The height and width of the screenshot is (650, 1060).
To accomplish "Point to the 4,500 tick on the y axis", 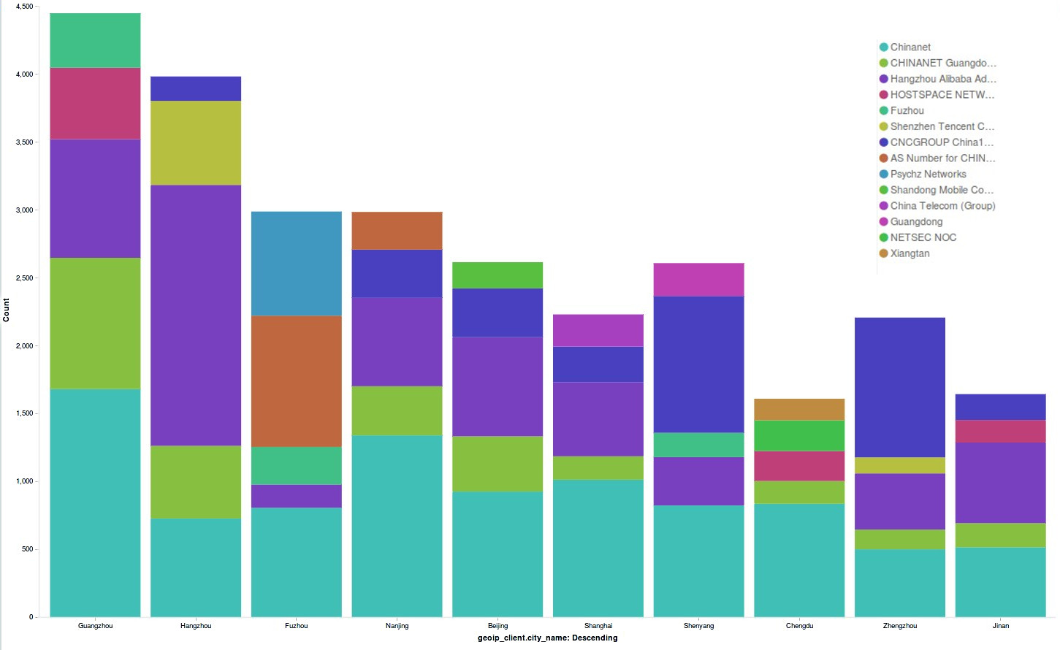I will point(24,7).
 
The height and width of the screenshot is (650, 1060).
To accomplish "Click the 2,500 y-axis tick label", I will point(24,278).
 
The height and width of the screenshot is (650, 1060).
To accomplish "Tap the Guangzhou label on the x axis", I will point(95,626).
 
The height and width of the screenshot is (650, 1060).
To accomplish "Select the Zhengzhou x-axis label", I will point(899,626).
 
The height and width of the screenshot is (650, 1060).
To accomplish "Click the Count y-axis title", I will point(7,310).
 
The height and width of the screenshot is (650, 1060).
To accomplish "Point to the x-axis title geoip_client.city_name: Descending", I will point(547,638).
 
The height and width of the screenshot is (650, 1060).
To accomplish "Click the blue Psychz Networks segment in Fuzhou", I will point(296,264).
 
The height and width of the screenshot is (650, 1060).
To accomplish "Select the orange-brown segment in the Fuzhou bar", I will point(296,381).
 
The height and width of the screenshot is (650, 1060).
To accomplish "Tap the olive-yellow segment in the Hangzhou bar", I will point(196,143).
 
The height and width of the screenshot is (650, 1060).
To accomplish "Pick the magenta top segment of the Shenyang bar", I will point(698,280).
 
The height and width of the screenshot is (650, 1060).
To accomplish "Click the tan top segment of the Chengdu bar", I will point(799,410).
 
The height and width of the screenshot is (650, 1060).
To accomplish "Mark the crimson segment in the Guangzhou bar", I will point(95,104).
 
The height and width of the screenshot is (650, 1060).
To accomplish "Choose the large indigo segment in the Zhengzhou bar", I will point(899,387).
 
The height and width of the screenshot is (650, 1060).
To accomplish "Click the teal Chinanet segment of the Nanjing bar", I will point(397,526).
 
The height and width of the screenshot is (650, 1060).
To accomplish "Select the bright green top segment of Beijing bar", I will point(497,275).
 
